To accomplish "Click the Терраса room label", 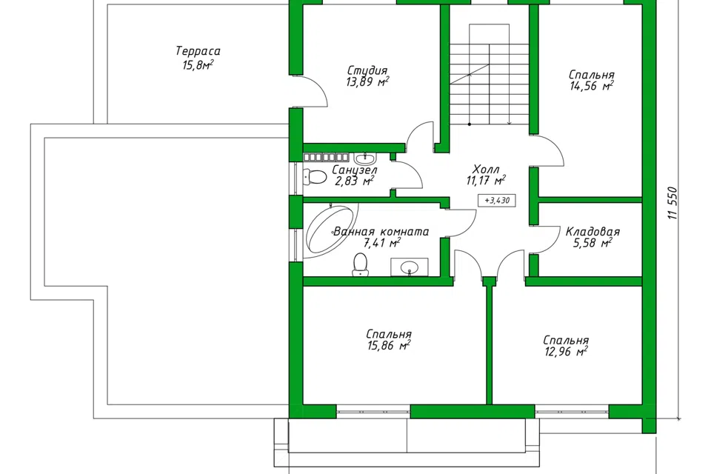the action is [x=198, y=50].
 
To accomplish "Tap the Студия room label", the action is [x=367, y=71].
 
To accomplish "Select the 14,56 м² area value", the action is [x=592, y=86].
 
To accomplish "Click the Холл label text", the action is [x=486, y=170].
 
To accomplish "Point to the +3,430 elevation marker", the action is [x=497, y=200].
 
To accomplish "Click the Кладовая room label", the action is [x=592, y=232].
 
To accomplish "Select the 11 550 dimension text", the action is [x=672, y=204].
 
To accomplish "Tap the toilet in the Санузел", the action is [x=316, y=177].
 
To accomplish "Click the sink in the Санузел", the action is [x=364, y=158].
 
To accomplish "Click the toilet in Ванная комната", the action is [x=361, y=265].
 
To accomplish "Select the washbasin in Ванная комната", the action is [x=410, y=267].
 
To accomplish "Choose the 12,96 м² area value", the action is [x=566, y=352].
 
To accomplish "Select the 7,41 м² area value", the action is [x=382, y=243].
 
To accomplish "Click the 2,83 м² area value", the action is [x=354, y=181].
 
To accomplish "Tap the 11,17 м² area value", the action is [x=486, y=181].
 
